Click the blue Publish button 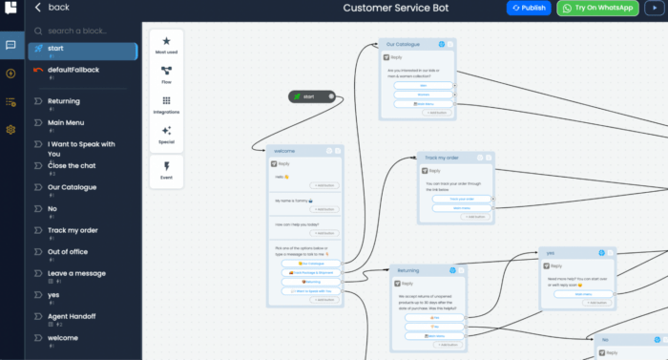[529, 8]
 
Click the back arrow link [52, 8]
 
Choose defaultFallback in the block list [73, 70]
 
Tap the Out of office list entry [71, 251]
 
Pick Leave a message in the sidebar [76, 272]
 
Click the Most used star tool [166, 46]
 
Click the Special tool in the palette [166, 134]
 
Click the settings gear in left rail [10, 129]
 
